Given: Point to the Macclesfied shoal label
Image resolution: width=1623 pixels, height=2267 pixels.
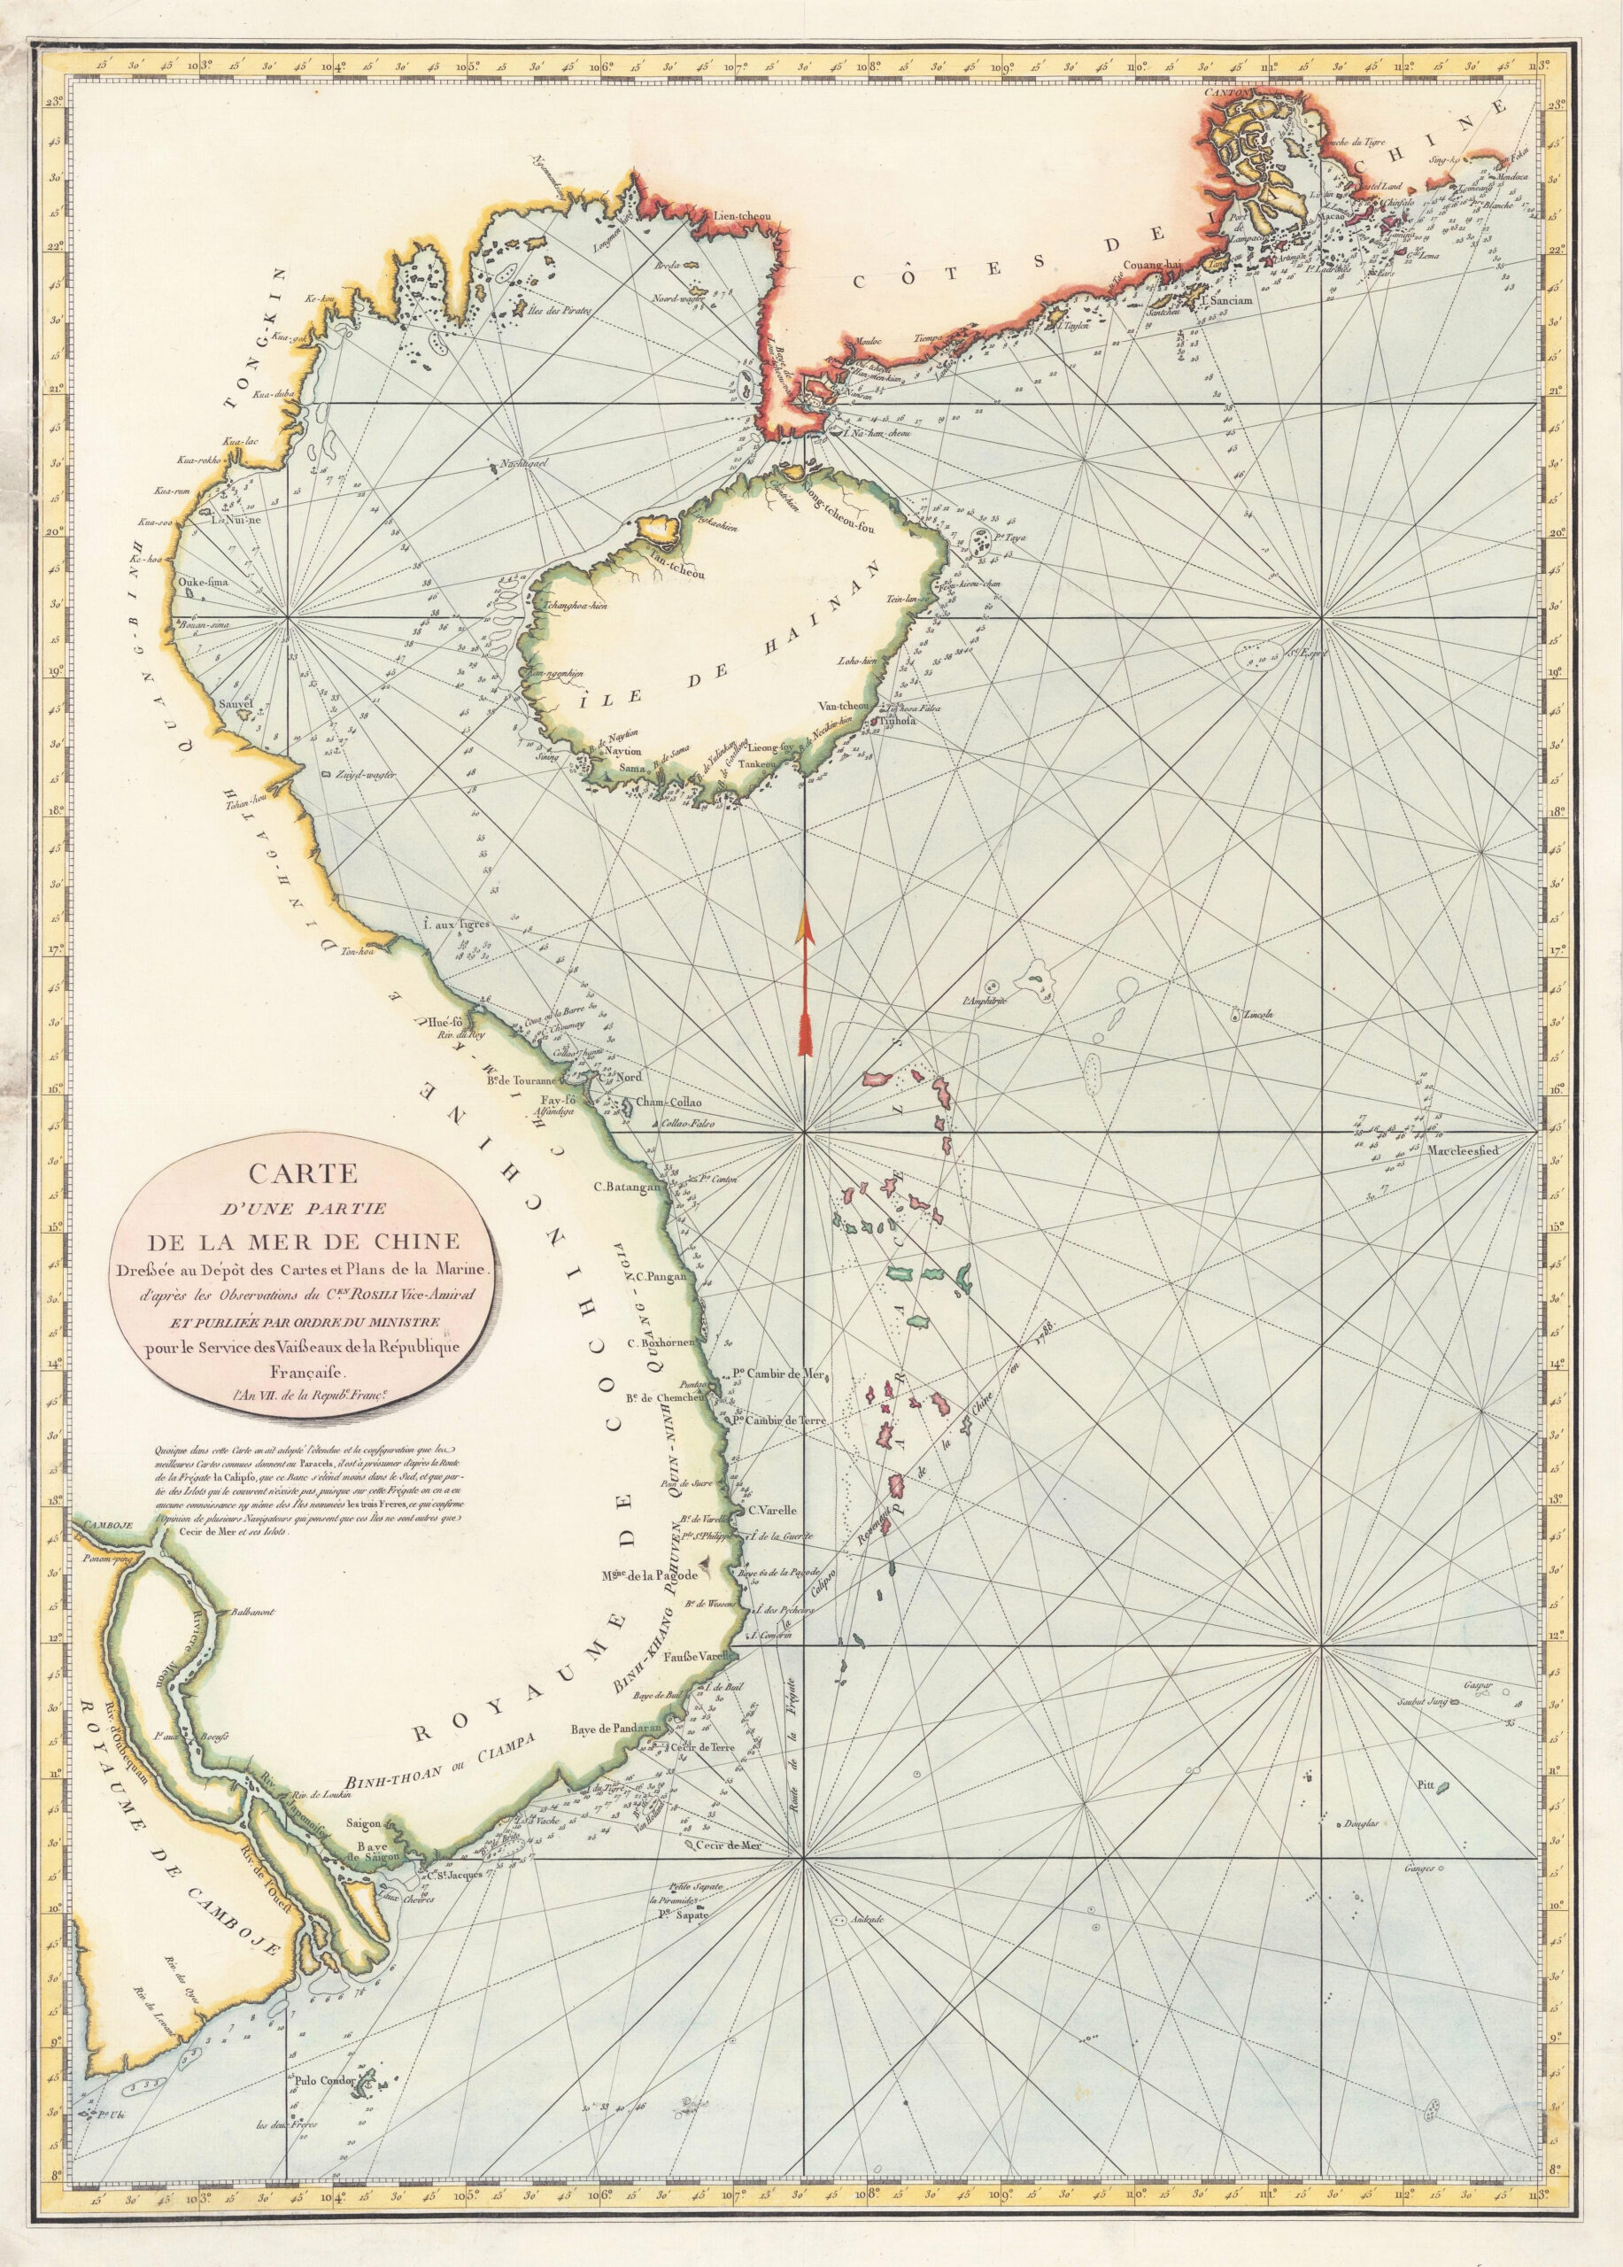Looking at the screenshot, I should pyautogui.click(x=1460, y=1149).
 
